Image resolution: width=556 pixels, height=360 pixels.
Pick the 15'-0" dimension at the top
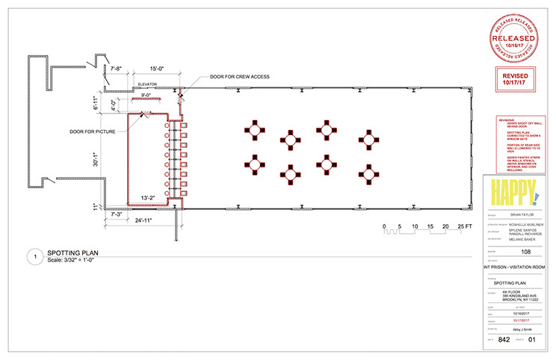click(156, 68)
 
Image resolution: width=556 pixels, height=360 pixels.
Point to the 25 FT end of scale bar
click(466, 226)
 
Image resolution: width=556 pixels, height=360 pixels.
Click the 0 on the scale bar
click(384, 226)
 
